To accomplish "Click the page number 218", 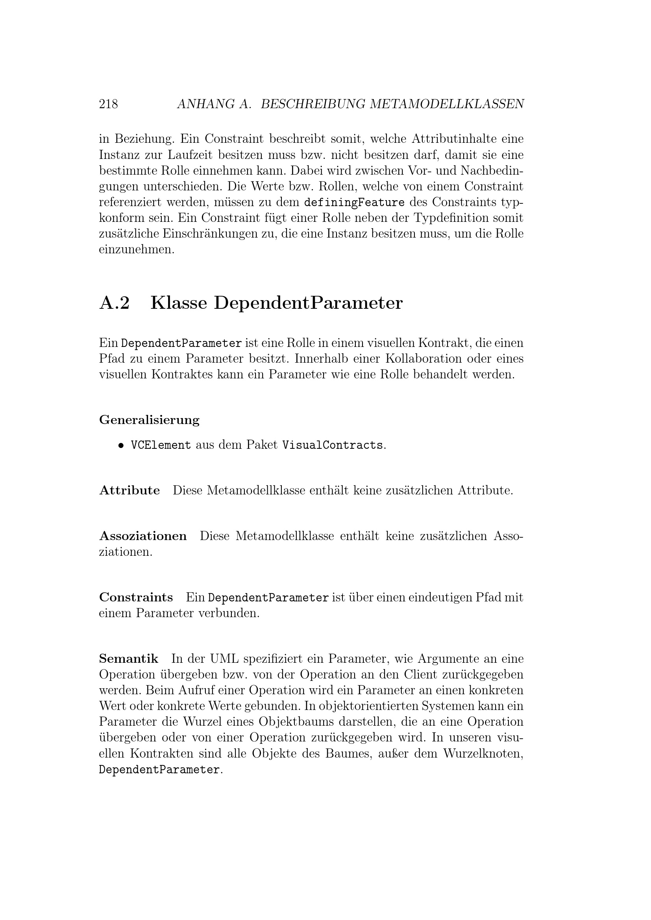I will coord(108,104).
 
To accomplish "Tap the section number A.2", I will coord(114,303).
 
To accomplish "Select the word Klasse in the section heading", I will coord(179,303).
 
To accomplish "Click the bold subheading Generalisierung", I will coord(149,420).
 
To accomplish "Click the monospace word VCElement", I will coord(161,445).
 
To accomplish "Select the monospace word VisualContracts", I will coord(332,445).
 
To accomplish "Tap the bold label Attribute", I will coord(129,490).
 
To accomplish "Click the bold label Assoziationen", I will coord(143,536).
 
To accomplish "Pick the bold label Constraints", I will coord(136,597).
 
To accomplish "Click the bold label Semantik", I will coord(129,659).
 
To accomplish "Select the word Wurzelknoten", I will coord(483,754).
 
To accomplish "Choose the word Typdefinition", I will coord(452,218).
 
